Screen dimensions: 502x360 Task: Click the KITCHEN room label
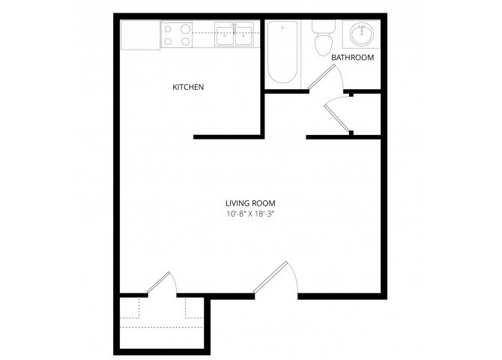pos(188,87)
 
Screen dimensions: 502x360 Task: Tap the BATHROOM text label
pos(352,58)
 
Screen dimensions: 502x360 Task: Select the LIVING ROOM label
pos(250,203)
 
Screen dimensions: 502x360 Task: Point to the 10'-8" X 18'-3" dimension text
pos(251,214)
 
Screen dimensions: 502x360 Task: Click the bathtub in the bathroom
pos(282,52)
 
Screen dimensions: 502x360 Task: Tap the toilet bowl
pos(324,45)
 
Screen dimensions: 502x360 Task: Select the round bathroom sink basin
pos(361,33)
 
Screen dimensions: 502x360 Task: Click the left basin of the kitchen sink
pos(225,35)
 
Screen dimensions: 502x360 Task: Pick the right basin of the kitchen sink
pos(244,35)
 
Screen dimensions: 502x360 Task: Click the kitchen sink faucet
pos(235,28)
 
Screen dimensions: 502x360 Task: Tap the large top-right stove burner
pos(185,29)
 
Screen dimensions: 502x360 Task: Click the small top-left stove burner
pos(168,29)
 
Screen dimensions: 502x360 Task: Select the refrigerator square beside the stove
pos(140,34)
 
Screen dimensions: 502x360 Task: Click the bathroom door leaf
pos(321,76)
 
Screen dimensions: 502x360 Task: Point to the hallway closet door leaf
pos(336,117)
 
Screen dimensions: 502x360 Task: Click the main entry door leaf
pos(270,277)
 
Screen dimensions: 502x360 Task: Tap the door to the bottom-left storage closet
pos(159,283)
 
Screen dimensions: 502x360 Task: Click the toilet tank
pos(324,26)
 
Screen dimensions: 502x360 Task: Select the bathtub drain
pos(282,28)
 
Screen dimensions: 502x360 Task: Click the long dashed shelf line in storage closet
pos(161,327)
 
